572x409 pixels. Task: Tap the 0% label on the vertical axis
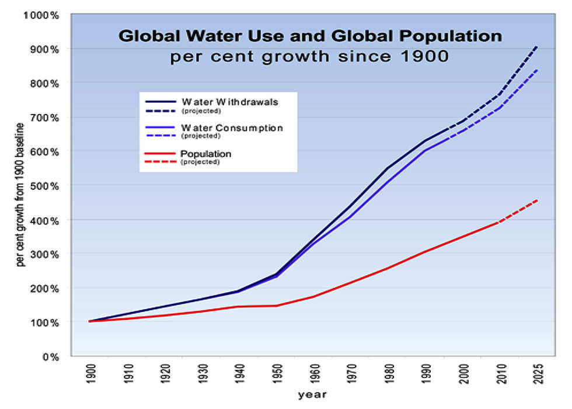point(52,356)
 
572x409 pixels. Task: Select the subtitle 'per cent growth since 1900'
point(310,57)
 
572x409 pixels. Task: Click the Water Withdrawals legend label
point(229,101)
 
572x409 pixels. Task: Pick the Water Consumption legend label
point(232,127)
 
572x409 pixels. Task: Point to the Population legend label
point(207,154)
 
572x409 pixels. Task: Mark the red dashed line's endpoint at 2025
point(536,200)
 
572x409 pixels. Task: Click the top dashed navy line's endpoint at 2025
point(536,46)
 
